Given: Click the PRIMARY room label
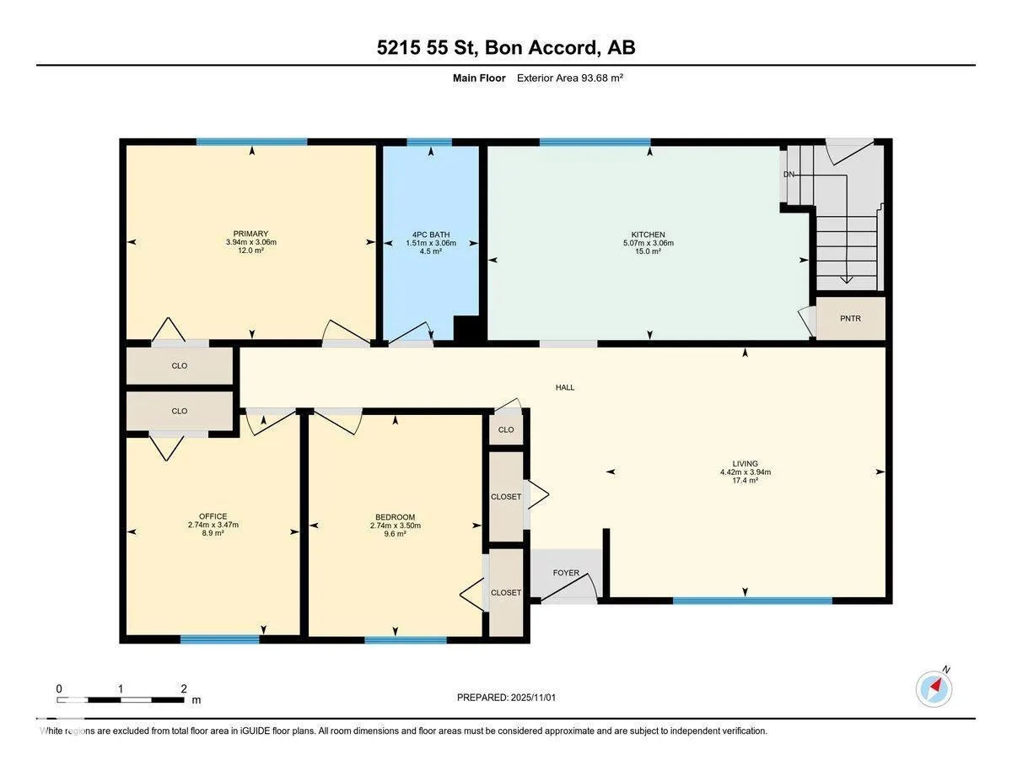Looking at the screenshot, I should click(x=250, y=234).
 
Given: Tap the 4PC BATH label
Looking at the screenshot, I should click(x=430, y=234).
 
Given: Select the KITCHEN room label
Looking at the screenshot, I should click(x=648, y=235).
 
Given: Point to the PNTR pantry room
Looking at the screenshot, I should click(x=850, y=319).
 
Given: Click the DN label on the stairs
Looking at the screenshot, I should click(x=789, y=175).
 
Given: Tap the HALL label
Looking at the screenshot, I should click(x=564, y=387).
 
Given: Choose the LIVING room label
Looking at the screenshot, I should click(x=745, y=463).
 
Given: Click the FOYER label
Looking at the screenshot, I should click(x=566, y=573).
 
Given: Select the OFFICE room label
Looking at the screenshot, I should click(x=213, y=516).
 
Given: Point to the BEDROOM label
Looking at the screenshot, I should click(x=395, y=517).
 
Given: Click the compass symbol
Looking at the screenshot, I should click(x=934, y=688).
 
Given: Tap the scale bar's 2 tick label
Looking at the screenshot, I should click(x=183, y=688).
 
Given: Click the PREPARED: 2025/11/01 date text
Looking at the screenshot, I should click(x=507, y=698).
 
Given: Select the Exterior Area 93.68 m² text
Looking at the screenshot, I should click(x=569, y=78).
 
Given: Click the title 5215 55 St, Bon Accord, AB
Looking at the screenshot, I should click(x=506, y=48).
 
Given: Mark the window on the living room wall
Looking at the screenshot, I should click(x=752, y=601).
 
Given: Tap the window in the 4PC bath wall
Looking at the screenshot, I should click(x=429, y=143).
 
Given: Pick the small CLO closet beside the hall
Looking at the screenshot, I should click(x=506, y=429).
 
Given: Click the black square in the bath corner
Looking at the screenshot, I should click(x=466, y=329).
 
